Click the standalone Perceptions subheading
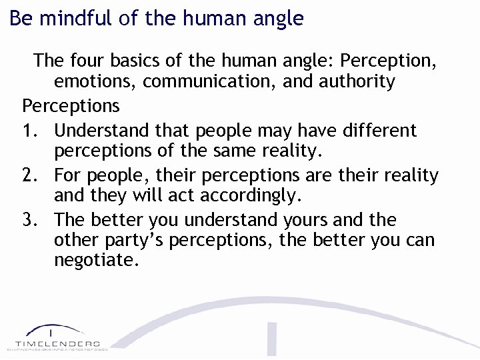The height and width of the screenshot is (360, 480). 71,105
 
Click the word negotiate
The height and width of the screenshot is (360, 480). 97,261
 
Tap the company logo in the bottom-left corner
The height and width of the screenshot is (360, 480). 57,337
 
